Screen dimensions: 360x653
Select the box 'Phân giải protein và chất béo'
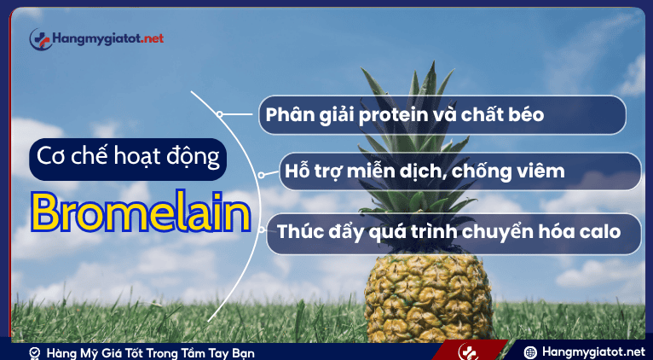pyautogui.click(x=442, y=114)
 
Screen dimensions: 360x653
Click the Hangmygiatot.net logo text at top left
pyautogui.click(x=107, y=38)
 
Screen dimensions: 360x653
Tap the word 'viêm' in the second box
pyautogui.click(x=540, y=171)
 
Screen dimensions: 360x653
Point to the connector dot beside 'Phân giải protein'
pyautogui.click(x=220, y=113)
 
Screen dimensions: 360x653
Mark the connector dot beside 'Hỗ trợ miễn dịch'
pyautogui.click(x=261, y=173)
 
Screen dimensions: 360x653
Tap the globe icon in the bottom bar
pyautogui.click(x=529, y=351)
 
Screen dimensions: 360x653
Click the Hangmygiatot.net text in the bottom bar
pyautogui.click(x=593, y=351)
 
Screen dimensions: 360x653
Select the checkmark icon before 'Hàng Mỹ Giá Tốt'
pyautogui.click(x=34, y=352)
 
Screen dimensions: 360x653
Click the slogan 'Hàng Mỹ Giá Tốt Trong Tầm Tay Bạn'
pyautogui.click(x=150, y=352)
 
